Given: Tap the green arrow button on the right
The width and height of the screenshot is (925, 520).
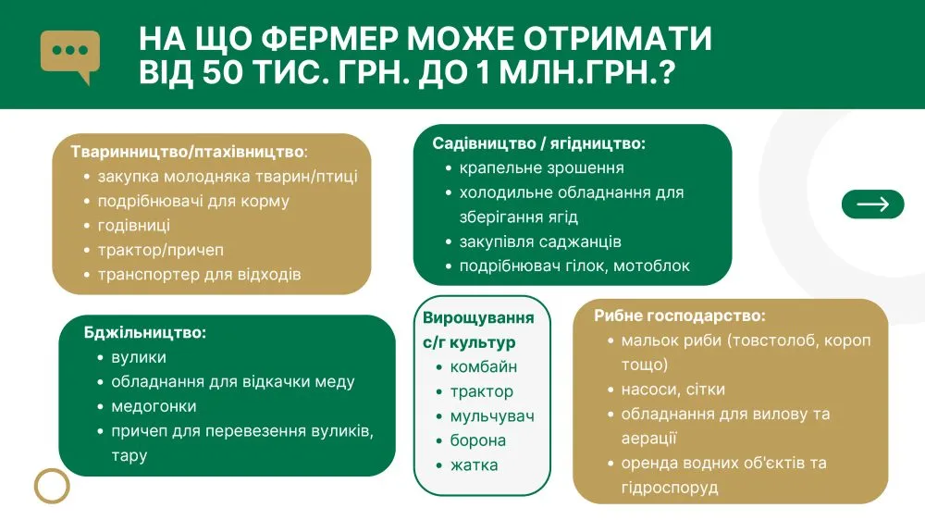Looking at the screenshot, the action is point(872,204).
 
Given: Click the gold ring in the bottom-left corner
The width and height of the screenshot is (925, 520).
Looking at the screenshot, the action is point(52,486).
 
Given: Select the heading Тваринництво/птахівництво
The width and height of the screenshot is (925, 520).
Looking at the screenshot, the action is point(188,152).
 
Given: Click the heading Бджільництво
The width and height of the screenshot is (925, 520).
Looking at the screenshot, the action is point(144,332).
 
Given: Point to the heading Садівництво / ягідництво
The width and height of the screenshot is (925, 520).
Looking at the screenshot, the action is point(538,143).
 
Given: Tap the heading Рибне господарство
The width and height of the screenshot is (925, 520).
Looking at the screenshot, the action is point(679,316).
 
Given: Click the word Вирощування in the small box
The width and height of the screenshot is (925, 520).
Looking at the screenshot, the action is point(478,317).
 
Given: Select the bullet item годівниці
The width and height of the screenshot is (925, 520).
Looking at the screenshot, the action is point(134,226).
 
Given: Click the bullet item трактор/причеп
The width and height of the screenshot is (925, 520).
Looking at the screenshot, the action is point(160,250).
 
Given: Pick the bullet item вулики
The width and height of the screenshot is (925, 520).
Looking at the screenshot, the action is point(139,358).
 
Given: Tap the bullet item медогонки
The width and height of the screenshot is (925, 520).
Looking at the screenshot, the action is point(154,407).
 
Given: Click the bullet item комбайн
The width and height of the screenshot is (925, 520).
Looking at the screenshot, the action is point(484,367).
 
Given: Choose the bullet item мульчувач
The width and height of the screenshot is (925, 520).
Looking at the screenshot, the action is point(492,416).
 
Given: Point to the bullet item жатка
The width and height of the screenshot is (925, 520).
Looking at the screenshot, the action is point(474,465).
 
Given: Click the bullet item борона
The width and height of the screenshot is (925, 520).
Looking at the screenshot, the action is point(478,441).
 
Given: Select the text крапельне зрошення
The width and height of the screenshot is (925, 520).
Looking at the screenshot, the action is point(541,168).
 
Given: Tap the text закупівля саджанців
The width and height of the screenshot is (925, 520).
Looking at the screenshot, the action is point(540,242).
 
